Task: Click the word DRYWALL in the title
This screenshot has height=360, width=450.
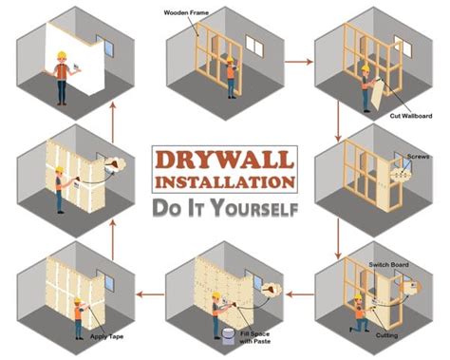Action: (224, 159)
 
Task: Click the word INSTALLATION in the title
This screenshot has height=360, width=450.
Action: (224, 180)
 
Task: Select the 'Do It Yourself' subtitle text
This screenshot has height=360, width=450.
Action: (225, 205)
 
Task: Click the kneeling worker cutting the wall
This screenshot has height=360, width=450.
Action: (358, 313)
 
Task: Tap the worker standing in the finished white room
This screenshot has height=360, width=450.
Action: (62, 76)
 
